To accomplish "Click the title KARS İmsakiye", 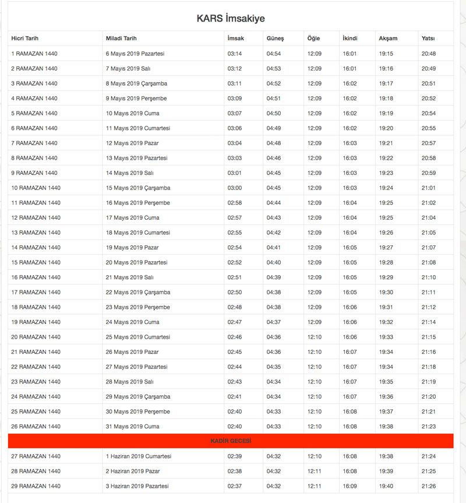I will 231,19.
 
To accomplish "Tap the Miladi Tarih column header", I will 121,38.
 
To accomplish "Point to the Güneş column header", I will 275,38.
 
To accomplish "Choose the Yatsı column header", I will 428,38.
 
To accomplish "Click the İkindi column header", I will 350,38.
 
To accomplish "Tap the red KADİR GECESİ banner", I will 231,441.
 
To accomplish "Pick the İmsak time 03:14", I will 234,54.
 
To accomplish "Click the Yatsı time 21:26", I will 429,486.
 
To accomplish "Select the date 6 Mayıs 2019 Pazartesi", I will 135,54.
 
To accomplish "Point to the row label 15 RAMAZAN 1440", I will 36,262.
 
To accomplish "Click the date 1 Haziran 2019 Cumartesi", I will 138,456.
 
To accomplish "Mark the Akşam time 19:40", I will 386,486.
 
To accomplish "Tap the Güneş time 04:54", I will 274,54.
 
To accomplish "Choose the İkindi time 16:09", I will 350,486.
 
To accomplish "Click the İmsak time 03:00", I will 234,188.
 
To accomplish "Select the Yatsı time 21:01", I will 429,188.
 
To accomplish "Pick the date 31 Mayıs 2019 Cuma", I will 132,427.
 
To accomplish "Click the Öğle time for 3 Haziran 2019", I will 315,486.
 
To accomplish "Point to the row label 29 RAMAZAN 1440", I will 36,486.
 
